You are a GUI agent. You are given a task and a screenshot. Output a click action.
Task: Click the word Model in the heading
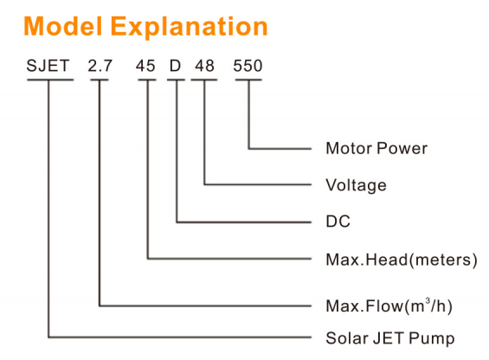pos(63,27)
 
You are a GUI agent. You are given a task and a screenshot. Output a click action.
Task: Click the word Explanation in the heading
pos(190,28)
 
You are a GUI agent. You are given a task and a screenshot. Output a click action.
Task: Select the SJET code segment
pos(48,66)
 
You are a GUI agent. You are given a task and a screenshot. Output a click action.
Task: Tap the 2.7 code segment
pos(100,66)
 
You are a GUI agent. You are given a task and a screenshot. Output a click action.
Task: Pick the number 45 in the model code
pos(145,66)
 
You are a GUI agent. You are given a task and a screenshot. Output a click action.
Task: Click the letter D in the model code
pos(176,66)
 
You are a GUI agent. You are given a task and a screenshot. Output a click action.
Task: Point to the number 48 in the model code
pos(204,66)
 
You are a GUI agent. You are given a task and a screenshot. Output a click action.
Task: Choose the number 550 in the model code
pos(248,66)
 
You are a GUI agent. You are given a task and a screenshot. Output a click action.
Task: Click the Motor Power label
pos(376,149)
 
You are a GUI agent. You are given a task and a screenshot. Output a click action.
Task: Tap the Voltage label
pos(356,185)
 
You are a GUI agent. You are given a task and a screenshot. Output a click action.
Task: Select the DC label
pos(338,222)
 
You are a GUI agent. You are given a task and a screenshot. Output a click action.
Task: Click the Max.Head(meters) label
pos(402,260)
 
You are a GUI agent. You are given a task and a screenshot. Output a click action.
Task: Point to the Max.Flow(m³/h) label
pos(389,305)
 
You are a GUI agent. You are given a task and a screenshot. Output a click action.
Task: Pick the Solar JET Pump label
pos(390,338)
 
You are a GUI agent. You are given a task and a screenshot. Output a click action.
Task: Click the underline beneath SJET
pos(50,80)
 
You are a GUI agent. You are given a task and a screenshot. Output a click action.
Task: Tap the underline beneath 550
pos(248,80)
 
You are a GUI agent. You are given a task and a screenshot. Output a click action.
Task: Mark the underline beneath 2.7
pos(100,80)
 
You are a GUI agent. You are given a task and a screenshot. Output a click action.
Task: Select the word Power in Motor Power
pos(402,149)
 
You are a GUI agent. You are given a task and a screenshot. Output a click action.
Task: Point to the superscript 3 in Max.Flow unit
pos(428,301)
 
